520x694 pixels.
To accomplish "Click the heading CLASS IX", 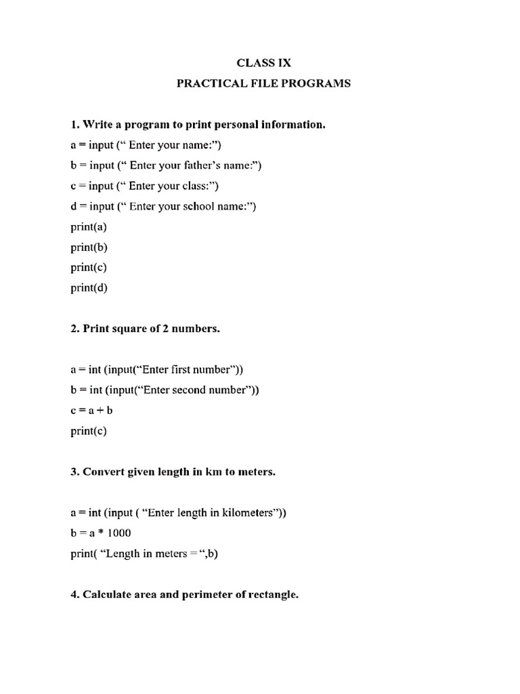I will click(264, 63).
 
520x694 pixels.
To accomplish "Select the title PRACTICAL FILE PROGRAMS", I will click(264, 84).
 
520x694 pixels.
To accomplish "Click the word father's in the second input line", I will click(205, 165).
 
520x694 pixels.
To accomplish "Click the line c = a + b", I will click(87, 410).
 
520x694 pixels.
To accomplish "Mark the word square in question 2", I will click(126, 329).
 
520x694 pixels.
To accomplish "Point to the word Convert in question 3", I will click(103, 472).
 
